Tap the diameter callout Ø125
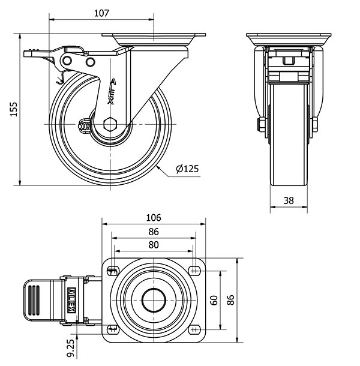pyautogui.click(x=187, y=169)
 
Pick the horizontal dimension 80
pyautogui.click(x=154, y=244)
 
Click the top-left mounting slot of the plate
pyautogui.click(x=112, y=268)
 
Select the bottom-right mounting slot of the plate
pyautogui.click(x=194, y=329)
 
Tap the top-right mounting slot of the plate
pyautogui.click(x=194, y=268)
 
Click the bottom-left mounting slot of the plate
pyautogui.click(x=112, y=329)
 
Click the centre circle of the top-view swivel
pyautogui.click(x=153, y=299)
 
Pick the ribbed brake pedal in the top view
pyautogui.click(x=34, y=298)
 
